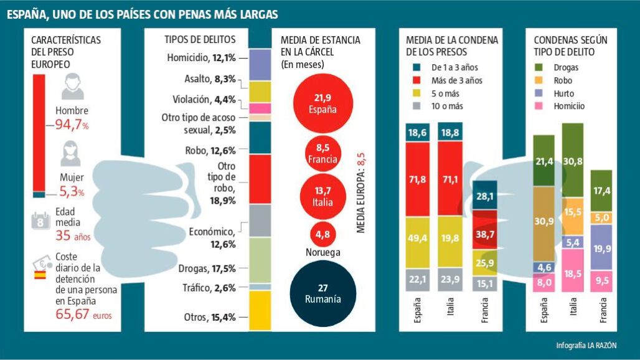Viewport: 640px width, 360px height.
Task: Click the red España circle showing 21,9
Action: tap(322, 103)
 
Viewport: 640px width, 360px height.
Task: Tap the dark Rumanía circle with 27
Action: tap(322, 293)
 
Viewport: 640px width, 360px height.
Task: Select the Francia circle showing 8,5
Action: tap(322, 153)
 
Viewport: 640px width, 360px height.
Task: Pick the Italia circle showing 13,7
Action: tap(322, 196)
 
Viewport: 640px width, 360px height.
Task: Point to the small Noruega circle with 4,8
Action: tap(322, 234)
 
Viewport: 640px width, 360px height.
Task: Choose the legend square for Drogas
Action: tap(539, 67)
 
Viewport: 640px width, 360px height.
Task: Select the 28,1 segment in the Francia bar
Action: tap(485, 196)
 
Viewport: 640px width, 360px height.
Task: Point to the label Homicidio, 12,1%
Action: tap(201, 58)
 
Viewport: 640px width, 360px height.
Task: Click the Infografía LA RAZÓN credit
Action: tap(586, 346)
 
